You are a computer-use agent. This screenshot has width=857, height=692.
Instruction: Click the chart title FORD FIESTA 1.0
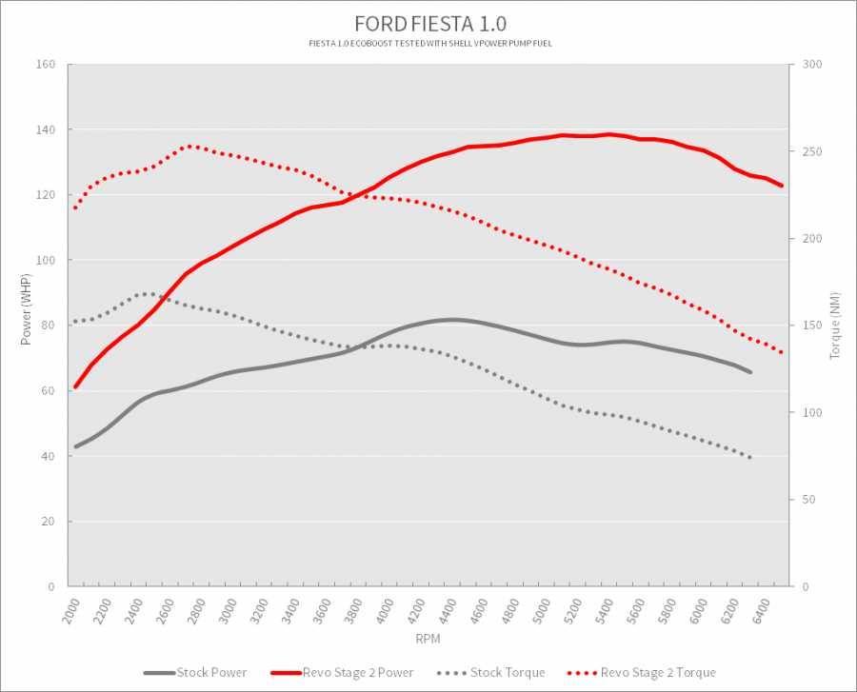pyautogui.click(x=428, y=23)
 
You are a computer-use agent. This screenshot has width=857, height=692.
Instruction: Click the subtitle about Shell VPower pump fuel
pyautogui.click(x=428, y=44)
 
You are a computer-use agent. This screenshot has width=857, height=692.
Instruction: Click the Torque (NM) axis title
pyautogui.click(x=834, y=326)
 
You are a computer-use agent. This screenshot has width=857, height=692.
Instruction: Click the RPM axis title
pyautogui.click(x=428, y=637)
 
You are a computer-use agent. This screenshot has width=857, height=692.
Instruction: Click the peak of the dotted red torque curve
pyautogui.click(x=189, y=146)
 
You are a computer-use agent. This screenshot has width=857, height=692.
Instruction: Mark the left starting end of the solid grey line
pyautogui.click(x=76, y=446)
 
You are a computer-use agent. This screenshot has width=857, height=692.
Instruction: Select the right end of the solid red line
pyautogui.click(x=781, y=186)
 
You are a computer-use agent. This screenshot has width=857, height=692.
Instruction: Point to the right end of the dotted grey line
pyautogui.click(x=751, y=458)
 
